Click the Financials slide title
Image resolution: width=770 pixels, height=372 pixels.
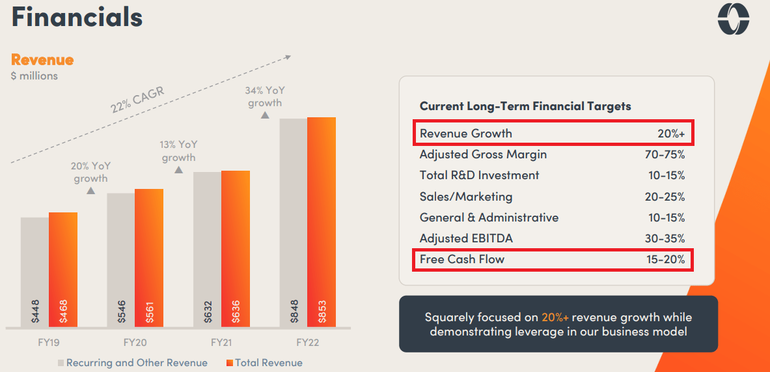pyautogui.click(x=77, y=18)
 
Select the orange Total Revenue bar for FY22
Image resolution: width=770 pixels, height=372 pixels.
pyautogui.click(x=322, y=222)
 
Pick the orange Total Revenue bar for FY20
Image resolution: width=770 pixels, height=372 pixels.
pyautogui.click(x=149, y=257)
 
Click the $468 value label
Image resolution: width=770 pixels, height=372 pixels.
pyautogui.click(x=63, y=311)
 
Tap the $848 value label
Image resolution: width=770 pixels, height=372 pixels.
pyautogui.click(x=293, y=311)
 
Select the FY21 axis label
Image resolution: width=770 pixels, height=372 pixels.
pyautogui.click(x=221, y=342)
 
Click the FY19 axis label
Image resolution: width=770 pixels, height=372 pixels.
pyautogui.click(x=49, y=342)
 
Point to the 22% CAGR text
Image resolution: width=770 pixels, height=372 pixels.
pyautogui.click(x=137, y=98)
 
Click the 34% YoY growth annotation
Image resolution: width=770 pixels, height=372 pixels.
pyautogui.click(x=264, y=96)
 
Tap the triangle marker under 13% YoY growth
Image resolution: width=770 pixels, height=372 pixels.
pyautogui.click(x=178, y=169)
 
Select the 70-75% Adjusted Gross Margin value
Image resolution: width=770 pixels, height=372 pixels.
pyautogui.click(x=665, y=154)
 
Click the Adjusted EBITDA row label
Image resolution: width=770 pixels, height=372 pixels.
pyautogui.click(x=466, y=238)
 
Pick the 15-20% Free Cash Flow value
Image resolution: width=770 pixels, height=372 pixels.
pyautogui.click(x=665, y=259)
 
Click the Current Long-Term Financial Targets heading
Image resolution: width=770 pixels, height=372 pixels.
pyautogui.click(x=525, y=106)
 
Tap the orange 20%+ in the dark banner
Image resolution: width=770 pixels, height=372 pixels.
pyautogui.click(x=555, y=318)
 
